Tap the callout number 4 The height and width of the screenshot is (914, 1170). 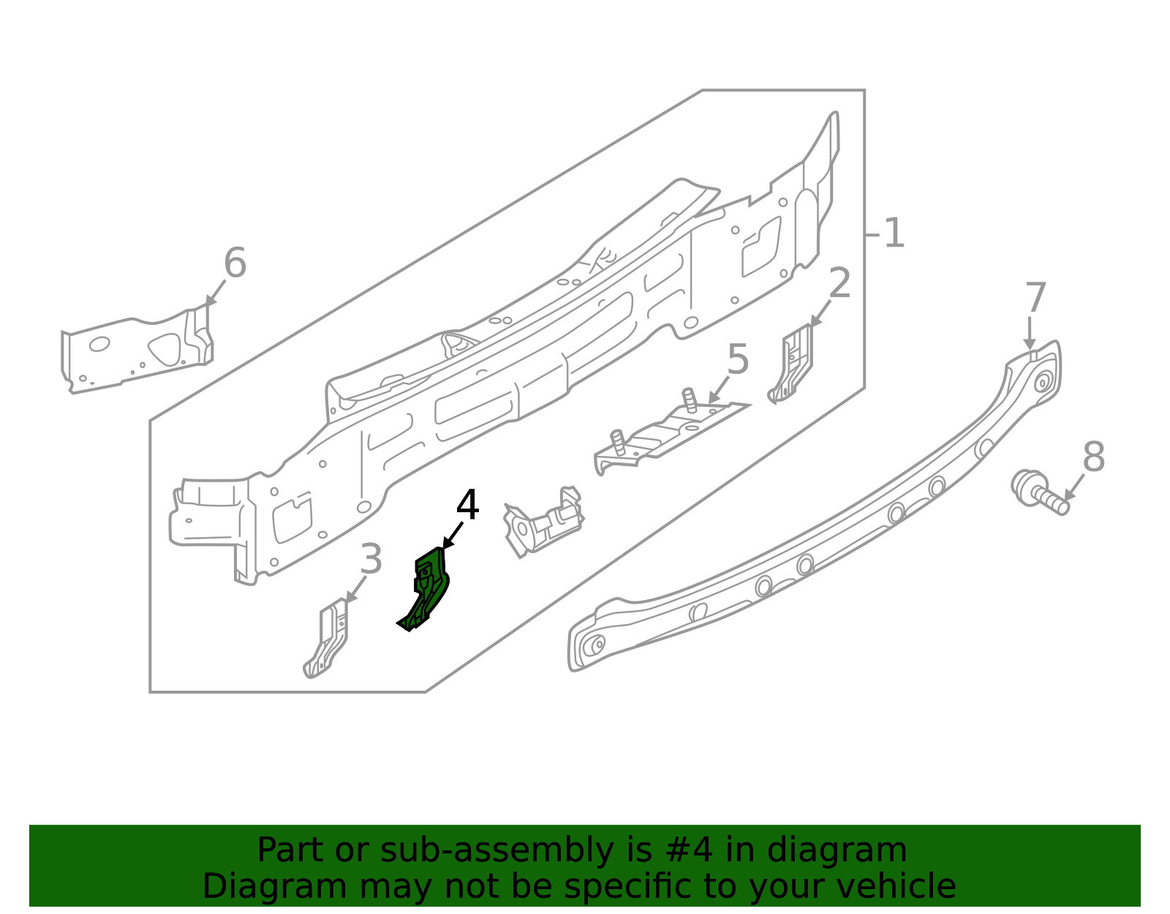tap(467, 505)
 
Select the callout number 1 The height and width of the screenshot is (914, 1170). tap(894, 233)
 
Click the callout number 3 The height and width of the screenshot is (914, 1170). tap(371, 558)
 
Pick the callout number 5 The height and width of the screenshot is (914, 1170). tap(738, 359)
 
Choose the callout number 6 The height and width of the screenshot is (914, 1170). tap(235, 262)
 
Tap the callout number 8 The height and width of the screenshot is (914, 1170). tap(1094, 457)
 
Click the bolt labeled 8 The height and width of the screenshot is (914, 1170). tap(1038, 492)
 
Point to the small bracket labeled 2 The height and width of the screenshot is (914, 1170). tap(791, 365)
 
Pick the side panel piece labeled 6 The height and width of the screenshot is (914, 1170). tap(137, 349)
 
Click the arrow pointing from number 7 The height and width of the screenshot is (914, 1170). tap(1030, 334)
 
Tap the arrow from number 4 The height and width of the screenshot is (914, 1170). tap(452, 536)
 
